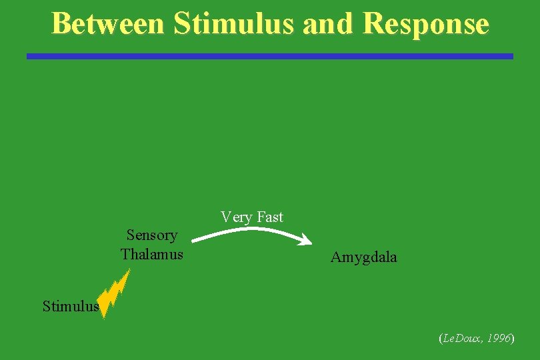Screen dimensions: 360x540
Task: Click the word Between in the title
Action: point(107,23)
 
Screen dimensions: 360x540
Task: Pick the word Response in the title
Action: point(427,23)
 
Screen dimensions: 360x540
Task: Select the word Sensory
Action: point(152,235)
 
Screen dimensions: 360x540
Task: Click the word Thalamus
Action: point(152,254)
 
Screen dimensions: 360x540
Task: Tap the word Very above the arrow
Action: point(236,217)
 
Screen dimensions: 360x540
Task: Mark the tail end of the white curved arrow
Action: point(193,239)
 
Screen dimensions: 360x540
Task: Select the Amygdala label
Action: point(363,257)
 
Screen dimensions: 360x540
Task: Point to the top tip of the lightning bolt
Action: point(129,270)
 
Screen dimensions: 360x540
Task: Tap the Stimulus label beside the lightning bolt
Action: point(71,307)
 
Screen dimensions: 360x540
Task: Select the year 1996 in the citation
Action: point(499,339)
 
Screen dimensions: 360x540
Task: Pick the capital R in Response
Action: point(375,23)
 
